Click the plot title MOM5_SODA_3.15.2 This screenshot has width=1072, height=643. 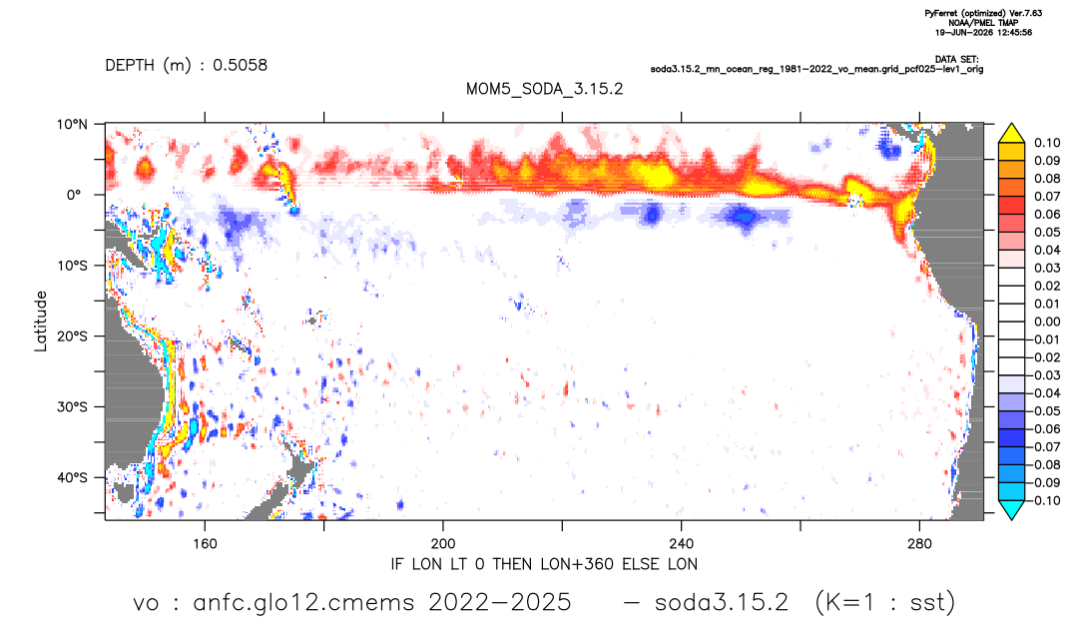[x=544, y=89]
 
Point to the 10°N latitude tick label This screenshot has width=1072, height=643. [x=73, y=125]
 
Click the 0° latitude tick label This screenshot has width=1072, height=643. [x=73, y=195]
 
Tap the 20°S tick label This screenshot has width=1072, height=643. [x=73, y=335]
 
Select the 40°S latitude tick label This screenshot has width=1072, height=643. [x=73, y=477]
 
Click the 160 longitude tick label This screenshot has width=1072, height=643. [x=205, y=544]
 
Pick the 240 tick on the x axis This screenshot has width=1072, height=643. [x=681, y=544]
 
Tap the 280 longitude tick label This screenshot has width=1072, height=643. [x=919, y=544]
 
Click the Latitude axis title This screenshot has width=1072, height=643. [x=41, y=321]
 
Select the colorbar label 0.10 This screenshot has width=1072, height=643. [x=1047, y=143]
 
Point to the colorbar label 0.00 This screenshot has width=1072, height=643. [x=1047, y=321]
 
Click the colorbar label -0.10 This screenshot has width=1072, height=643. [x=1045, y=500]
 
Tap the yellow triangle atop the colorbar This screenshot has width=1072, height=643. [x=1011, y=134]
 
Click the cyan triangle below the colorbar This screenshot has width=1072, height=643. [x=1011, y=509]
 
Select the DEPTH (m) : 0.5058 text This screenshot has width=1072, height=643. [x=186, y=66]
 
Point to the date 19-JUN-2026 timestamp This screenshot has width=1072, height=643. [x=964, y=32]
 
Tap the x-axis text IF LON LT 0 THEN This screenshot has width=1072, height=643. [x=463, y=564]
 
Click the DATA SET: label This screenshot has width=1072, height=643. [x=957, y=60]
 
